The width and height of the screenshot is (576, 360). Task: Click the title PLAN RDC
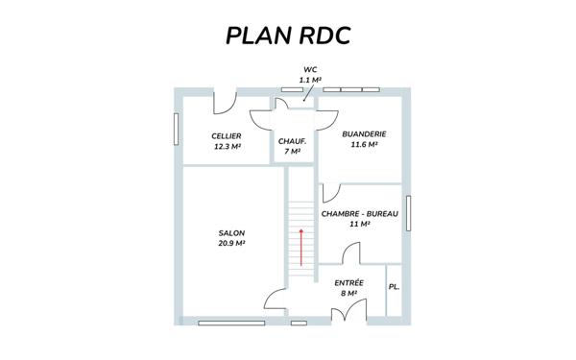point(288,36)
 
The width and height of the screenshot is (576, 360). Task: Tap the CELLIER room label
point(227,136)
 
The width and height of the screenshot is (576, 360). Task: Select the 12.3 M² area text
point(227,147)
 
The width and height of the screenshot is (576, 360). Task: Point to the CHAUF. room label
point(292,141)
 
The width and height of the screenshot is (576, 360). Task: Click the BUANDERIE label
point(365,134)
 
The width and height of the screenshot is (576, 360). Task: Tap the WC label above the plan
point(309,70)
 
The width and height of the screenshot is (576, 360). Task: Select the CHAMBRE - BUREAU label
point(360,214)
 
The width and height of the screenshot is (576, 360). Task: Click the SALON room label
point(231,233)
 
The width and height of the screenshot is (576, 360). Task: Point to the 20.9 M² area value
point(231,244)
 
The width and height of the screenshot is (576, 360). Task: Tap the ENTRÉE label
point(348,282)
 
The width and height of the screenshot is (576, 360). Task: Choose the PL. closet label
point(394,288)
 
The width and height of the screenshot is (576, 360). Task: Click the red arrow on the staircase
point(301,247)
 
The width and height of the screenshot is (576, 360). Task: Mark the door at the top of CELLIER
point(224,97)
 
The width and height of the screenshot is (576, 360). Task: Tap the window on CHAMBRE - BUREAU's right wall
point(408,214)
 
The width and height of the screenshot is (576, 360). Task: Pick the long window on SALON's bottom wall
point(231,323)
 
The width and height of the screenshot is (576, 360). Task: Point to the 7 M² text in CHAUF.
point(292,152)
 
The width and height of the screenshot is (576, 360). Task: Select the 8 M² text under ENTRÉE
point(348,293)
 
